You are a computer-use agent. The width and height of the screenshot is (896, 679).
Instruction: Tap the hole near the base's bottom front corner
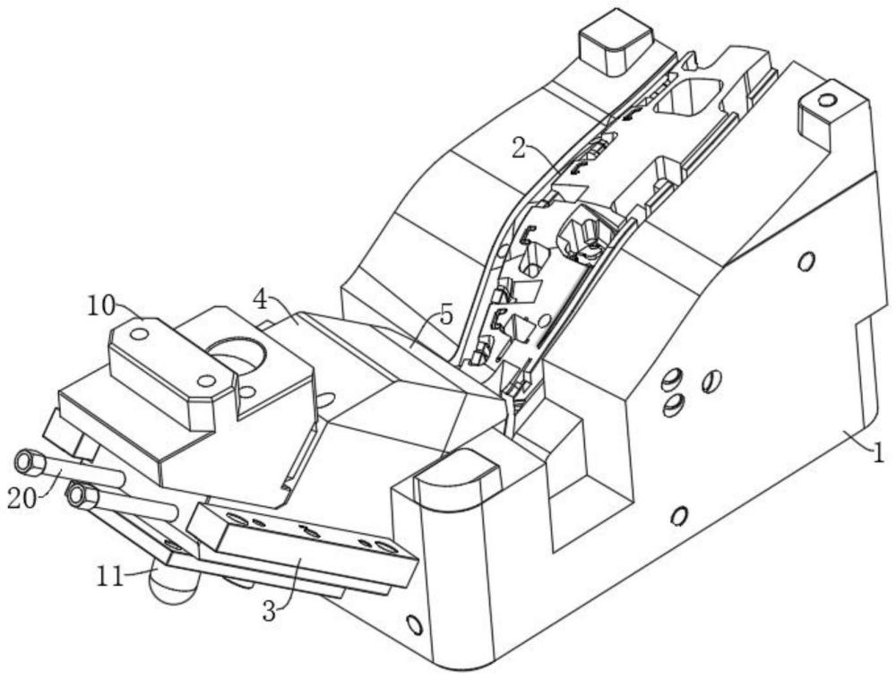tap(413, 623)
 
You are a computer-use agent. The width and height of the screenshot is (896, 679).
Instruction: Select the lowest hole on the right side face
tap(678, 515)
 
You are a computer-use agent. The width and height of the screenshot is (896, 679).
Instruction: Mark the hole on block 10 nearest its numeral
tap(138, 333)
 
